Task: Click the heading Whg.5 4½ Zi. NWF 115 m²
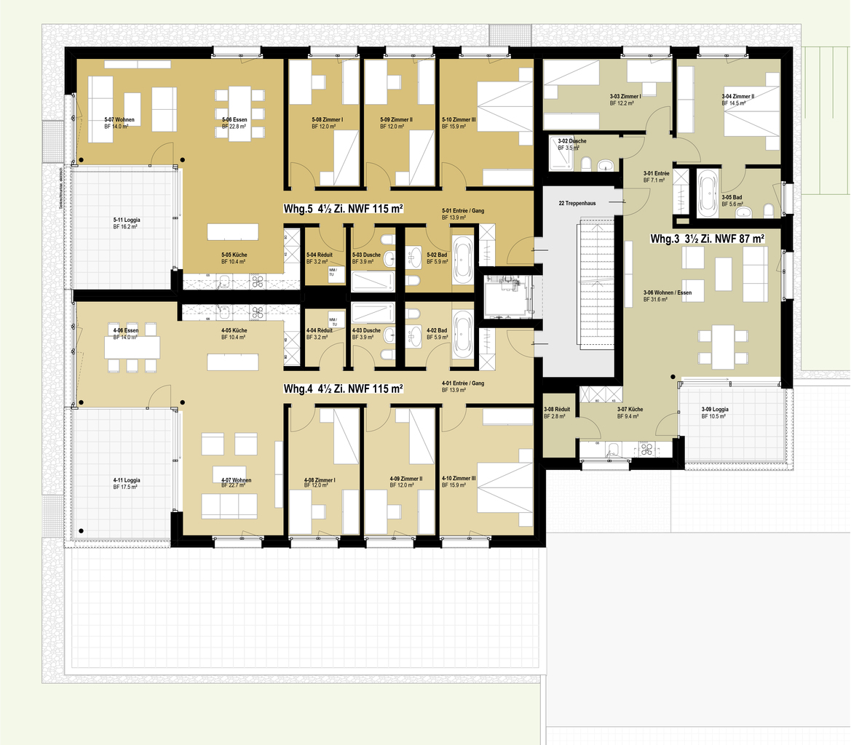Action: point(343,209)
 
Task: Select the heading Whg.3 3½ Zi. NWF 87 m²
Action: point(707,239)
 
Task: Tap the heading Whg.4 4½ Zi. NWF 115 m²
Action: point(343,389)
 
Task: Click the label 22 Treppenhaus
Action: point(577,203)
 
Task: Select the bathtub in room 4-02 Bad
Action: point(462,335)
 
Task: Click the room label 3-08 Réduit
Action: point(556,413)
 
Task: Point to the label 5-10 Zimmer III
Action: point(459,122)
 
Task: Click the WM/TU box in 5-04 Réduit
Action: point(332,272)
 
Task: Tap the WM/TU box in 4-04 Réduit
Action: point(333,321)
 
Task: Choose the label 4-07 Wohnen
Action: point(236,484)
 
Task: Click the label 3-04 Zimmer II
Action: point(738,100)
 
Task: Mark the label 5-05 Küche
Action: point(234,258)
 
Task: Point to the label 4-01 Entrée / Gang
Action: point(462,386)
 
